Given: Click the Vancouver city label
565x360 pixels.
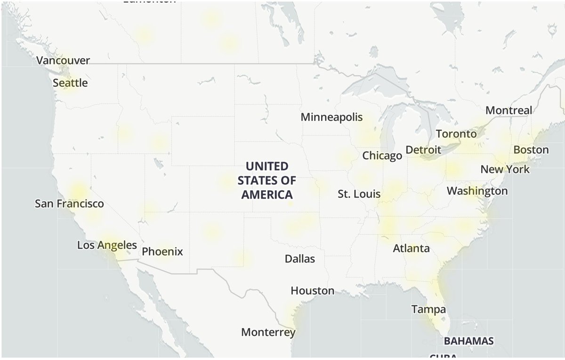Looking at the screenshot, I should coord(63,61).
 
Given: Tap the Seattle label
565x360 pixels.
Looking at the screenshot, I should coord(70,83).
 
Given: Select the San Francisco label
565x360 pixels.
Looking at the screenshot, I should coord(69,204).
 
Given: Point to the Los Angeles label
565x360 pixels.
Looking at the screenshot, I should coord(107,245).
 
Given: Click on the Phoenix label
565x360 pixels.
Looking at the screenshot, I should coord(162,252).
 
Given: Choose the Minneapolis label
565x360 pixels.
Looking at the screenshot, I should coord(332,117).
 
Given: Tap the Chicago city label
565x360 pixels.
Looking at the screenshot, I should coord(382,155).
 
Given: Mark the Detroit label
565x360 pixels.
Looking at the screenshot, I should coord(423,150).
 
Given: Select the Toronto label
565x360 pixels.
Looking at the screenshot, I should coord(456,134).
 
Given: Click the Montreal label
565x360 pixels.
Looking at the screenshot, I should coord(508,110).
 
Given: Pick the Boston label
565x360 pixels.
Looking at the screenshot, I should coord(531,150).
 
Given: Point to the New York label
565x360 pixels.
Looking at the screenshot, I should coord(505,169).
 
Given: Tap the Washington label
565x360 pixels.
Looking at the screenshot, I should coord(477,191).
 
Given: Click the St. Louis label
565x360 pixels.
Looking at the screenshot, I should coord(359,194).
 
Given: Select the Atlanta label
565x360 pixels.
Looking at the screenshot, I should coord(412,248).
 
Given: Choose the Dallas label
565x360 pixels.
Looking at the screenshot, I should coord(300,259).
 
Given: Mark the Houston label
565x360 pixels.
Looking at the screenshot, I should coord(313,291).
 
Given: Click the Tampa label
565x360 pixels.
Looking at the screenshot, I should coord(428,310).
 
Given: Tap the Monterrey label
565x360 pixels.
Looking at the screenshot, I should coord(268,332).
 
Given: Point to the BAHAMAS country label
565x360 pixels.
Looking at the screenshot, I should coord(469,341).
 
